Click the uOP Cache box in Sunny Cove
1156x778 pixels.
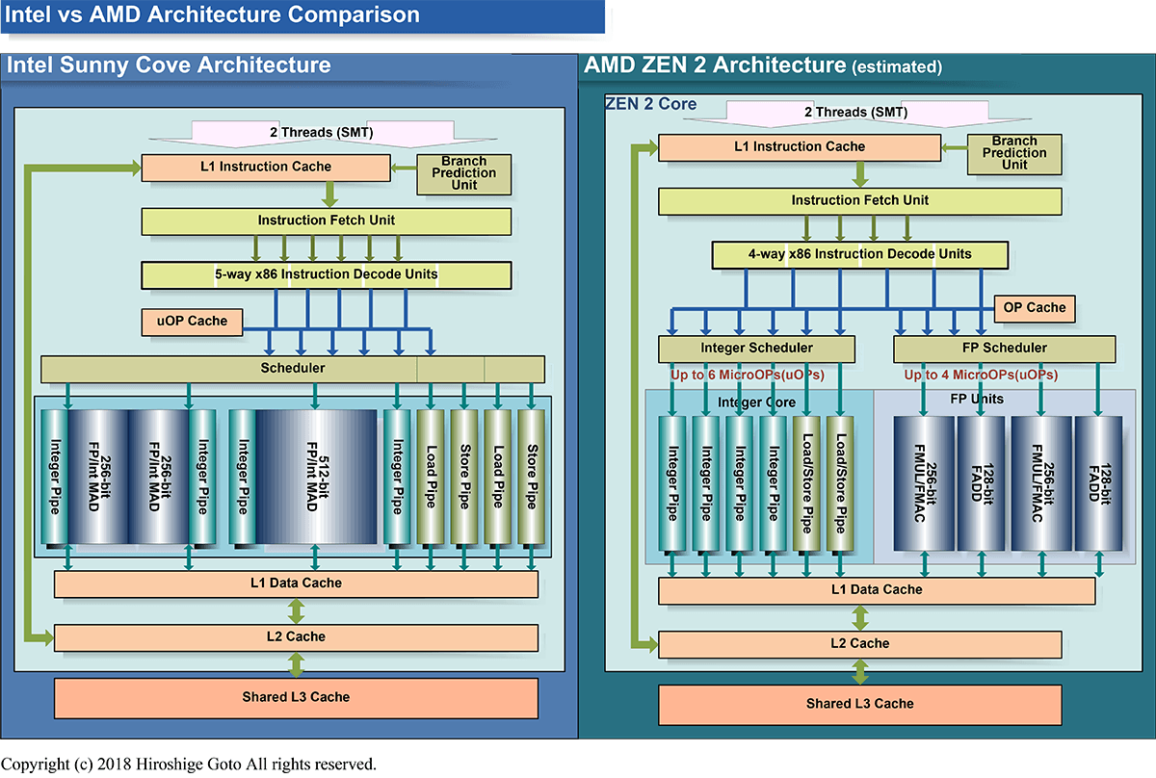(191, 321)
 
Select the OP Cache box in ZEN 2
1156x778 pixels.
(1033, 308)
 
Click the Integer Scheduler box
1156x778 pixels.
(755, 348)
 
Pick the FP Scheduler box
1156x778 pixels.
(1004, 348)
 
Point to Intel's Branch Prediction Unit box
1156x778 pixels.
(463, 173)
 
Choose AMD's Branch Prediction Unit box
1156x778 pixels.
(1013, 153)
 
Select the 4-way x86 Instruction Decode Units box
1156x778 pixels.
(860, 254)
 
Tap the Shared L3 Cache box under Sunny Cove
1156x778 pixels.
(296, 697)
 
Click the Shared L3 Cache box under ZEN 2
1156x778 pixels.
(859, 704)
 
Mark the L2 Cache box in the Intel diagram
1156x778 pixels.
(296, 636)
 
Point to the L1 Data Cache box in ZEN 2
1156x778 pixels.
(876, 589)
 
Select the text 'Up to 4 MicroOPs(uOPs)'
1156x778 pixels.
(980, 375)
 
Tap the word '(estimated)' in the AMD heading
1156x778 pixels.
(897, 67)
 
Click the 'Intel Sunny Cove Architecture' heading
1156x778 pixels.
(170, 65)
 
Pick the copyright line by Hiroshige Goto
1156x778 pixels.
(188, 765)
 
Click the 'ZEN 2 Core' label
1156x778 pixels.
(650, 103)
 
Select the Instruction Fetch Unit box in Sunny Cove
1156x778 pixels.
(326, 220)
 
